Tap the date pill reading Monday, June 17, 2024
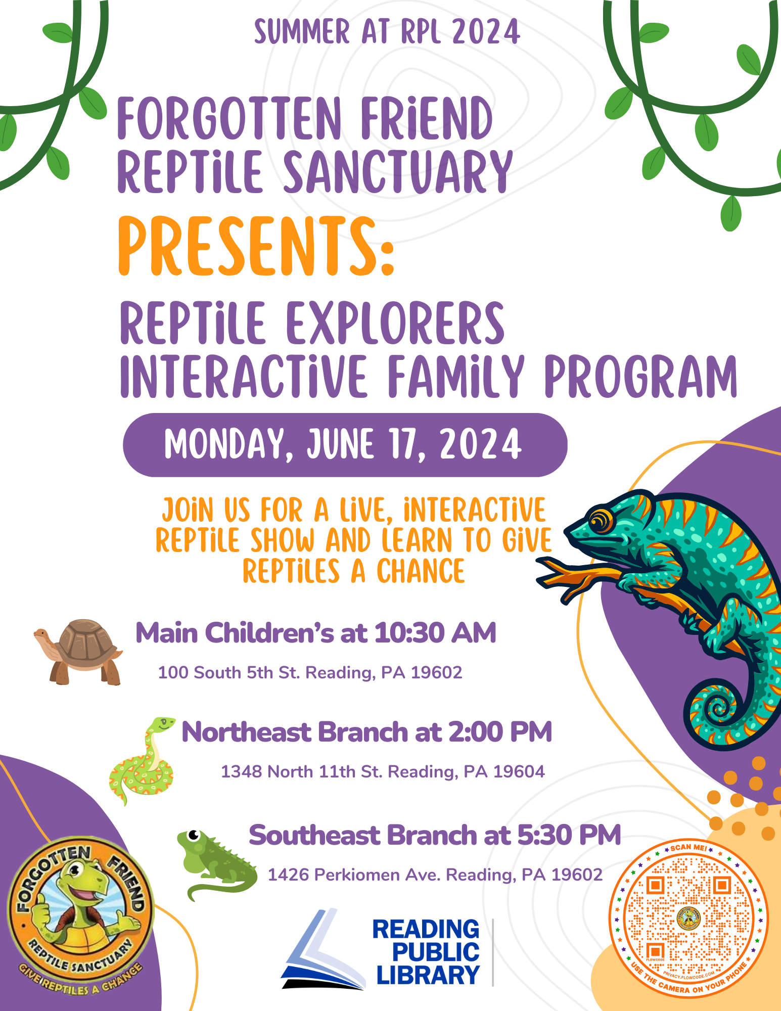(345, 445)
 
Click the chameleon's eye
(600, 521)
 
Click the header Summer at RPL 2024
(387, 32)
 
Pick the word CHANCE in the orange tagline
(421, 571)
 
